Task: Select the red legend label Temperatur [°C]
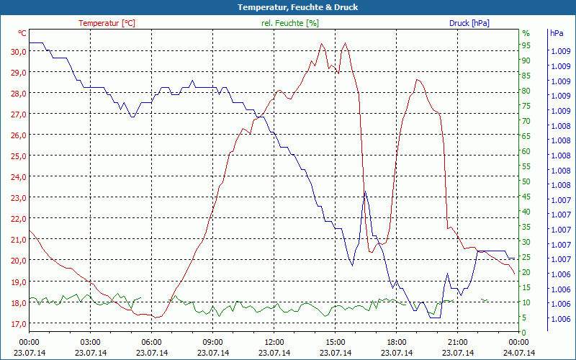point(107,23)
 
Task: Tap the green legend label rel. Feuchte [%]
point(290,23)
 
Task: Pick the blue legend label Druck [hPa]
point(469,23)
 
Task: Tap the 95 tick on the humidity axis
point(526,45)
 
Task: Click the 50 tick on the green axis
point(526,181)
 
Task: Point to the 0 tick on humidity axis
point(524,333)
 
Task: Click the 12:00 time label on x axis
point(274,342)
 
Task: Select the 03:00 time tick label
point(90,342)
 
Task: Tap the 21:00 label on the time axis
point(458,342)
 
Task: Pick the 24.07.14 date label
point(519,353)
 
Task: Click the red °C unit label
point(22,33)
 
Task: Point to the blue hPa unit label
point(556,33)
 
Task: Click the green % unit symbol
point(526,33)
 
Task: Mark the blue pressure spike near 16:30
point(365,191)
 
